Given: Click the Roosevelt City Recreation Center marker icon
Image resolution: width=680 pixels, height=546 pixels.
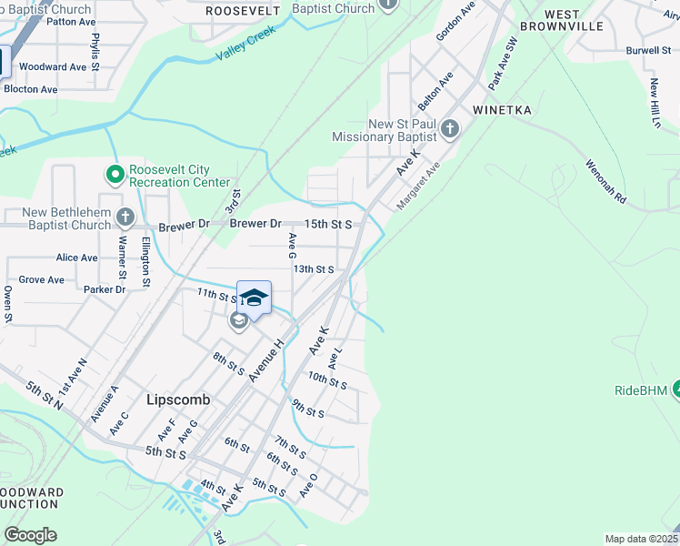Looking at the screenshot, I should coord(115,173).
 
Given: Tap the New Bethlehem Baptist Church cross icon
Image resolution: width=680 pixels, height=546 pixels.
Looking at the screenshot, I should coord(125,217).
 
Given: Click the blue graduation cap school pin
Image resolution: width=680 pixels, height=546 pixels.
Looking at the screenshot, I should coord(255,298).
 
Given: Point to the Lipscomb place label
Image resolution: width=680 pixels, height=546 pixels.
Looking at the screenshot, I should coord(178,399).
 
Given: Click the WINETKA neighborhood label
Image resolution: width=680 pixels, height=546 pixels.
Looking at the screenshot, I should coord(502,110).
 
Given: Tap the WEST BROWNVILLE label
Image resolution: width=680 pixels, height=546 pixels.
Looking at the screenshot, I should coord(574,21).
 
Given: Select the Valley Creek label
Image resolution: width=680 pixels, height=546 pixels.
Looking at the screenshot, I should coord(245,43).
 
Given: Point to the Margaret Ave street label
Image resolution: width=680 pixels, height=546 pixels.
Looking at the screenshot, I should coord(418,185).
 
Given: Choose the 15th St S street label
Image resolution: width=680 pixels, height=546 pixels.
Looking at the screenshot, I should coord(328,224).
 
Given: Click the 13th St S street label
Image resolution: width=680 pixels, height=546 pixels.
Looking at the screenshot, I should coord(314,269).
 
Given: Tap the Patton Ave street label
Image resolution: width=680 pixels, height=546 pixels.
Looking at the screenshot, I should coord(71,21).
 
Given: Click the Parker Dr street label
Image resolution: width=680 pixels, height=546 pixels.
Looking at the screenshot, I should coord(104,289).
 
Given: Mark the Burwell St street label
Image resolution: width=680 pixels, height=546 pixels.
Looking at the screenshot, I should coord(648,50).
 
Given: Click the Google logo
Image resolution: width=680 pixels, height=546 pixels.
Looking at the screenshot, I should coord(30,535).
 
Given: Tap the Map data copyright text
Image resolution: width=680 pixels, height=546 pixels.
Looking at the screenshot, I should coord(641,539).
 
